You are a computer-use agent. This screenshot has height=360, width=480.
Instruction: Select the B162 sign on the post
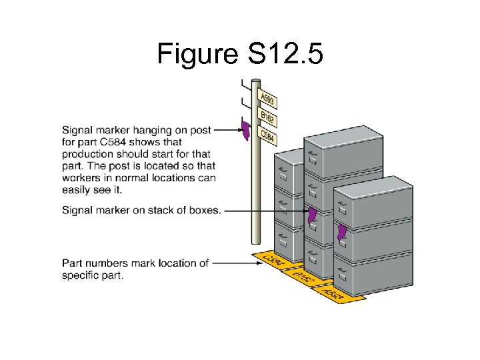tap(267, 119)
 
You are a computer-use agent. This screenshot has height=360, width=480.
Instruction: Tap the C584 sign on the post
tap(268, 137)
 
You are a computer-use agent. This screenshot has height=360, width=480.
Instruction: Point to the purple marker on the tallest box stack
tap(311, 216)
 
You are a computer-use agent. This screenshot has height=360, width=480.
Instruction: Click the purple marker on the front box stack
tap(342, 233)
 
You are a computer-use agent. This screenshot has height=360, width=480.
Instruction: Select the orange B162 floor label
tap(304, 277)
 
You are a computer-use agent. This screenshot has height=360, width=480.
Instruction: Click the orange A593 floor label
tap(333, 292)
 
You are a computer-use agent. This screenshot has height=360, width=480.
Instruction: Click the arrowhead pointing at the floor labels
tap(256, 263)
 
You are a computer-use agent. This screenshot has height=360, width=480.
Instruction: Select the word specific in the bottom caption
tap(79, 275)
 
